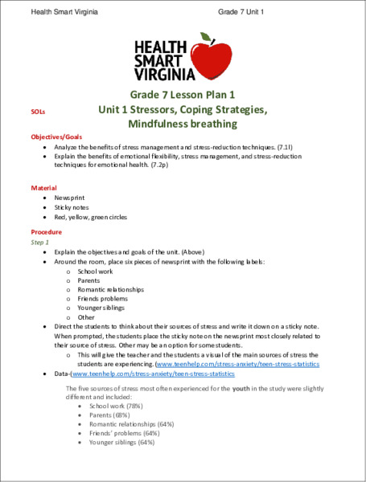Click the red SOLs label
[38, 115]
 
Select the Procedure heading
[47, 231]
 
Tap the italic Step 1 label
[40, 241]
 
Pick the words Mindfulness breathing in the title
[183, 124]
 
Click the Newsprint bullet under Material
[69, 196]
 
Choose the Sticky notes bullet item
[72, 206]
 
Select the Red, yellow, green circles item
[90, 217]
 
